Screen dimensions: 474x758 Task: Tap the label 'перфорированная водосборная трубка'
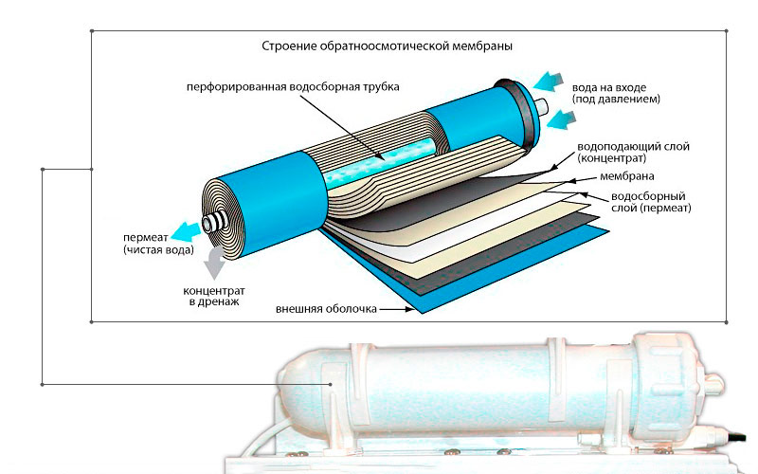tap(294, 86)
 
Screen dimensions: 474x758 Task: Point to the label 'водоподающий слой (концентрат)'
tap(625, 155)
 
